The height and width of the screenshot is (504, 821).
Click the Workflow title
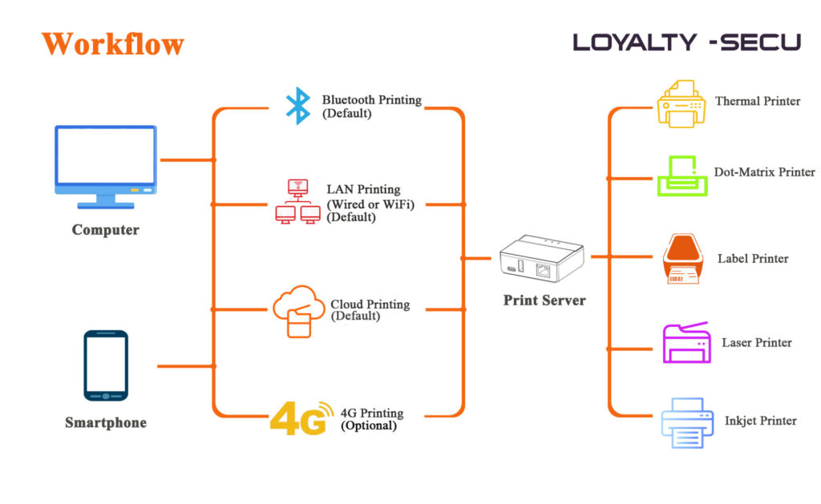(x=113, y=44)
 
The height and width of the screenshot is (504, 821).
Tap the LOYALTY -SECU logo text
(x=686, y=42)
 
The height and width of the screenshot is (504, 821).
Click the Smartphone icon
(x=106, y=365)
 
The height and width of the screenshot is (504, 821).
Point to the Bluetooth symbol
(x=298, y=106)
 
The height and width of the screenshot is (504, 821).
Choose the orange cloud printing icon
(x=297, y=312)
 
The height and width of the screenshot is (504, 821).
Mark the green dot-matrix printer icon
(x=682, y=176)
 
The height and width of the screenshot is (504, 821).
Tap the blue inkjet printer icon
(x=687, y=422)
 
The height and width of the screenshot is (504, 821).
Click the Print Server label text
(x=544, y=300)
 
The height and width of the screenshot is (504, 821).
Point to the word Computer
(x=105, y=230)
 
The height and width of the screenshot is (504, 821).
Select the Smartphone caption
(x=106, y=422)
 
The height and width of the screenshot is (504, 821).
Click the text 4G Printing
(x=372, y=413)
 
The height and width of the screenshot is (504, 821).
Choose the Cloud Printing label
(x=370, y=304)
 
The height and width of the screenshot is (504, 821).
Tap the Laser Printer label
(x=756, y=343)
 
